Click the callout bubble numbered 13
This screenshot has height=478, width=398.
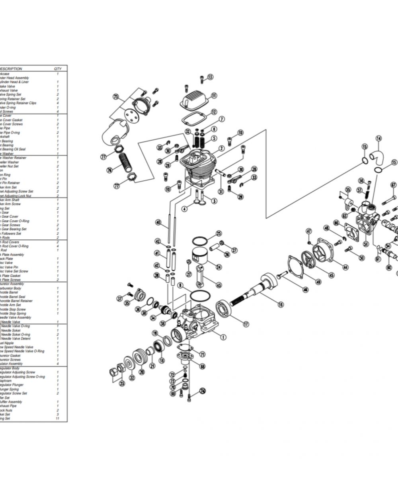pos(210,77)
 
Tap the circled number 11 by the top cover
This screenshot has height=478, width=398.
pos(214,95)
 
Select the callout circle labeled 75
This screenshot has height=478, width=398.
pos(116,97)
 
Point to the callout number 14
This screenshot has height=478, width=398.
pos(378,138)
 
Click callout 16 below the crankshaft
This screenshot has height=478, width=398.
pos(281,304)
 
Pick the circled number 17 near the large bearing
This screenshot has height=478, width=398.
pos(246,324)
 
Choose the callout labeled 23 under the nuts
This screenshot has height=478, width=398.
pos(122,384)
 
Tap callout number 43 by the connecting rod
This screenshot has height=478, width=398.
pos(219,285)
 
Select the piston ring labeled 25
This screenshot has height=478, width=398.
pos(200,241)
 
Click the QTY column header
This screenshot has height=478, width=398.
pos(58,69)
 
